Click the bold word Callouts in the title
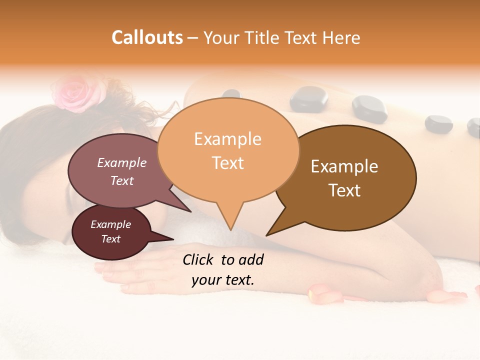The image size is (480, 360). pos(147,37)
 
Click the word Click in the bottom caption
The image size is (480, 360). pos(198,259)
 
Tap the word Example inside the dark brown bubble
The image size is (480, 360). pos(344,166)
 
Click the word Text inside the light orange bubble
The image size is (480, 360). pos(228,163)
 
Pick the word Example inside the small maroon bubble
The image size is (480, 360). pos(110,224)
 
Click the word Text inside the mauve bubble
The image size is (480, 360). pos(122,180)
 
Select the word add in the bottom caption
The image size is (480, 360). pos(251,259)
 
